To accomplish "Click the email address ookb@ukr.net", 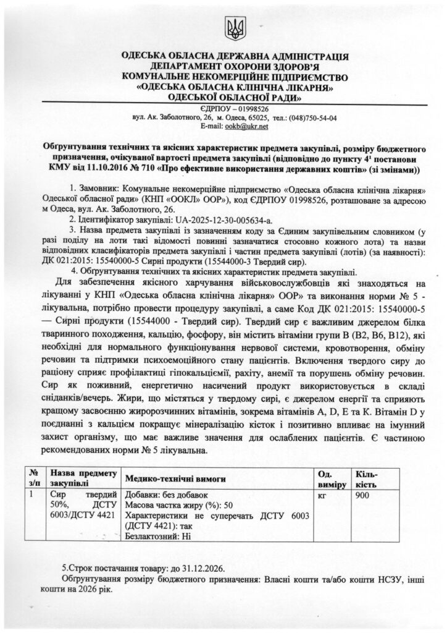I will (249, 126).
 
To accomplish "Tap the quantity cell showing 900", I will (364, 496).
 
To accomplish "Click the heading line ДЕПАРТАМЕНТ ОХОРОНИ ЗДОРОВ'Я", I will (235, 66).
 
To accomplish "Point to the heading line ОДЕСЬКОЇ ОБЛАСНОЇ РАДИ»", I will (235, 97).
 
